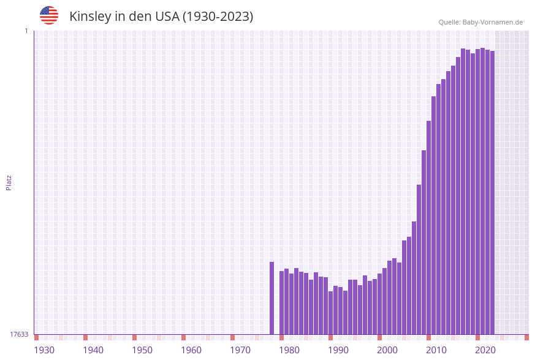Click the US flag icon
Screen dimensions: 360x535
click(x=49, y=15)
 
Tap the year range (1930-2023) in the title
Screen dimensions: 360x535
click(x=218, y=17)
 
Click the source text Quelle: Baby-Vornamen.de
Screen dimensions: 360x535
click(x=480, y=22)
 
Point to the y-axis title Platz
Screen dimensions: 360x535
click(x=9, y=182)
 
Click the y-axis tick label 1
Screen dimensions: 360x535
click(x=26, y=31)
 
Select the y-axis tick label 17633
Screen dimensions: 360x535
click(x=19, y=334)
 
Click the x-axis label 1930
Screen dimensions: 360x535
click(x=44, y=350)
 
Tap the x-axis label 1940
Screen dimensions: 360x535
click(x=93, y=350)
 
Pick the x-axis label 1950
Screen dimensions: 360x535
click(x=142, y=350)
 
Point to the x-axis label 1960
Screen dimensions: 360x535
click(x=191, y=350)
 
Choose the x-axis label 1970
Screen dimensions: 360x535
click(x=240, y=350)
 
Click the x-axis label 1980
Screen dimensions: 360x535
click(x=289, y=350)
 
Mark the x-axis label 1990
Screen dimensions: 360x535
click(x=338, y=350)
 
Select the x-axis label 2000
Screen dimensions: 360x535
click(x=387, y=350)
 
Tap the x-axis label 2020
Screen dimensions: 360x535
click(x=485, y=350)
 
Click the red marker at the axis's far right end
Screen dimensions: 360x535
click(x=526, y=337)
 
